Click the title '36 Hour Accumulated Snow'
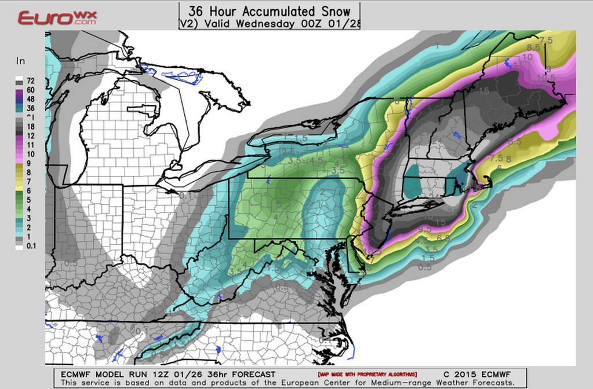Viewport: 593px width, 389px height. [x=269, y=11]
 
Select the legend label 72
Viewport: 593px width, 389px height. [x=30, y=80]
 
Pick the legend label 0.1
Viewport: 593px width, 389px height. [x=30, y=247]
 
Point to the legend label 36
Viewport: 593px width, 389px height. [x=30, y=108]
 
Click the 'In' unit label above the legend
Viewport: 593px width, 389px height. [x=20, y=61]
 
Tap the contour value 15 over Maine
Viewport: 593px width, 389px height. [x=484, y=90]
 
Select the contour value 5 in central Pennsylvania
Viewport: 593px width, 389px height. [x=279, y=204]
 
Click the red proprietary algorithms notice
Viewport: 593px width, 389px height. [x=366, y=375]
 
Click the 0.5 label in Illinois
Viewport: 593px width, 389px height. [x=71, y=263]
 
